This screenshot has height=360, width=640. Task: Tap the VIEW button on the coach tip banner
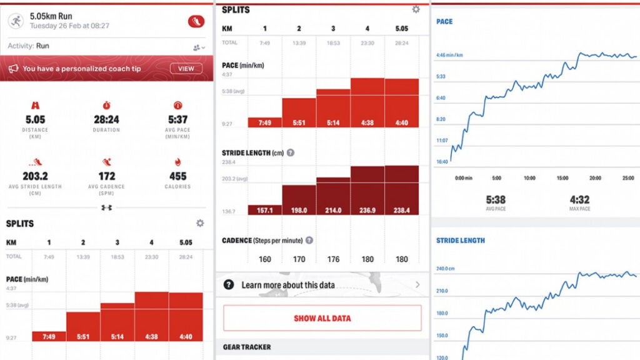click(x=186, y=69)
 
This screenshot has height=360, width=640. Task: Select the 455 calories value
click(x=177, y=176)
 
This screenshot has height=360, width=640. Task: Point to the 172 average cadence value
click(x=107, y=176)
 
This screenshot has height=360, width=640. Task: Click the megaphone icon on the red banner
click(x=12, y=69)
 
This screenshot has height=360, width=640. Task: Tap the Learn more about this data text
click(x=288, y=285)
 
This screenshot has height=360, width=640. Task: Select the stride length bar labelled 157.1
click(x=265, y=210)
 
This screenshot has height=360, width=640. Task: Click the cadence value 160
click(x=265, y=259)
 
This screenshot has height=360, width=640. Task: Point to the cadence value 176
click(x=333, y=259)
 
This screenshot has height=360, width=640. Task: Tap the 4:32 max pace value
click(x=579, y=200)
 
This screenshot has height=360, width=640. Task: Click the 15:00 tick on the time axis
click(x=562, y=178)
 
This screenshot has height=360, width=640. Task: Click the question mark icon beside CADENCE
click(x=309, y=240)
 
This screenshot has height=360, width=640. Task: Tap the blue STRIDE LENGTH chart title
click(x=460, y=241)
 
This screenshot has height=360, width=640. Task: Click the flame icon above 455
click(x=177, y=162)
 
